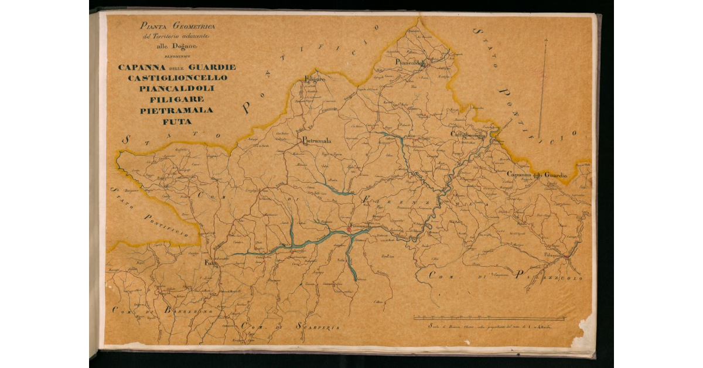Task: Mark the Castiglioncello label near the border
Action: pos(468,135)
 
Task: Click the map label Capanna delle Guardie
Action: pos(537,175)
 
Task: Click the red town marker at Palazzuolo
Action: pos(566,257)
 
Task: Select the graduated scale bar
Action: pos(490,318)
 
